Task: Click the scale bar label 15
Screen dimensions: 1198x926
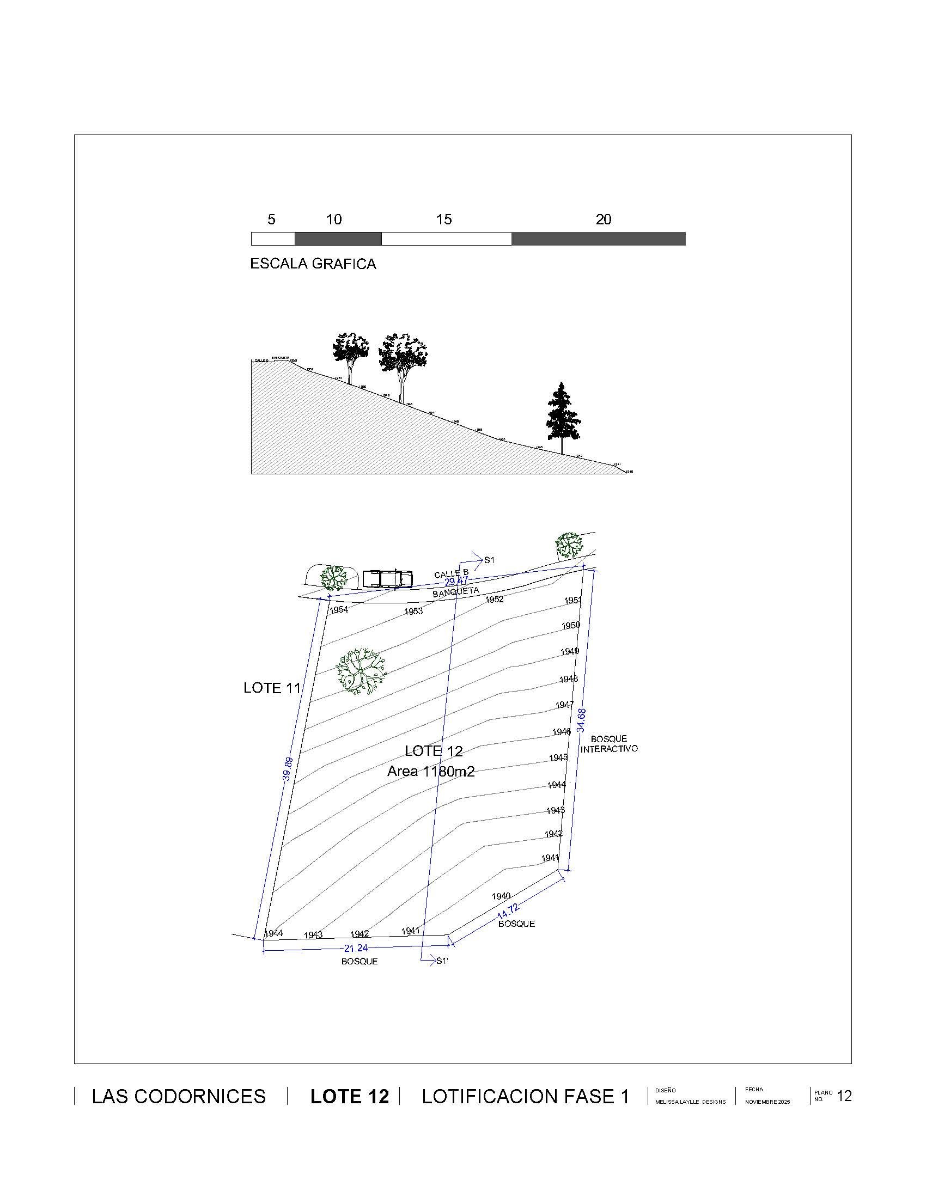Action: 444,219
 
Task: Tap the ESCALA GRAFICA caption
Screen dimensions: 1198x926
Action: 313,264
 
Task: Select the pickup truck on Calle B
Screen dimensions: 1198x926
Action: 387,578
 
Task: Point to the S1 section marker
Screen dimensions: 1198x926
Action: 489,560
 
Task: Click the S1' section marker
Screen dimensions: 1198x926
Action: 442,961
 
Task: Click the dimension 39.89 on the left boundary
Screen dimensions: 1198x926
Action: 288,768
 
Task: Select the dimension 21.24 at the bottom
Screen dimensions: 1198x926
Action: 356,948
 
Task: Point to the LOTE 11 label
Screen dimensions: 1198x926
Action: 272,688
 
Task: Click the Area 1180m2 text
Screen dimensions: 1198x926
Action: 431,771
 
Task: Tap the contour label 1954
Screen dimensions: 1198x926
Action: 338,610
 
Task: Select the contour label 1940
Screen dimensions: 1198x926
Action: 501,896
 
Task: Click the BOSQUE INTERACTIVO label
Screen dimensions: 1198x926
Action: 609,744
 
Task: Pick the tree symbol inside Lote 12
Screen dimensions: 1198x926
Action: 361,672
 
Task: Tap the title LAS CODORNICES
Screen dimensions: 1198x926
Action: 179,1097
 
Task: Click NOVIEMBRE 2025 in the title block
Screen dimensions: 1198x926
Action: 767,1102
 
